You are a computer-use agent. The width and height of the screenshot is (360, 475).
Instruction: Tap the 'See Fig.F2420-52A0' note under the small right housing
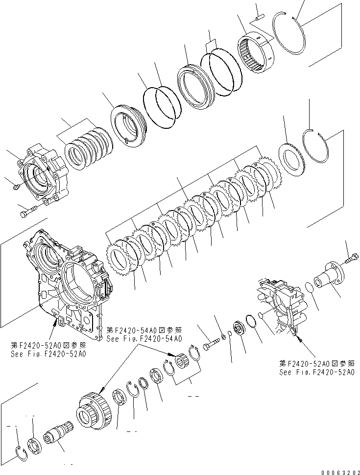(317, 372)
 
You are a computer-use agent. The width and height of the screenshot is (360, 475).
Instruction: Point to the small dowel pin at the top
(260, 17)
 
